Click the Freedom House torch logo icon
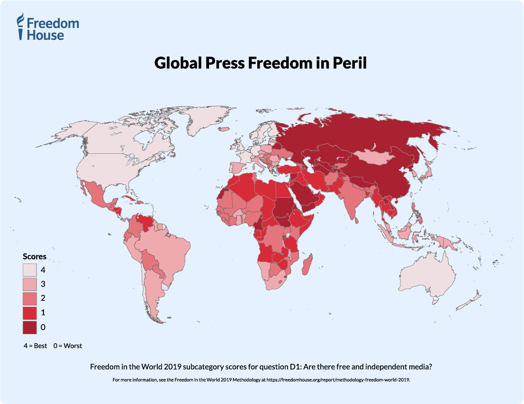tap(20, 26)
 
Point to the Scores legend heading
tap(35, 256)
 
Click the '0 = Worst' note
tap(67, 346)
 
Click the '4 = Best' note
tap(35, 346)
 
